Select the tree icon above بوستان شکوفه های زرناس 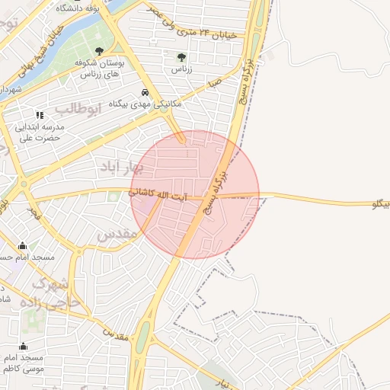coord(99,51)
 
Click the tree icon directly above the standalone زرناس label coord(181,57)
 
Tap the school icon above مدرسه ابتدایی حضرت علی coord(40,115)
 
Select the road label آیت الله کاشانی coord(158,195)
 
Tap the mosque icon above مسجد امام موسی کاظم coord(22,347)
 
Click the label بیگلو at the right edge coord(379,204)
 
